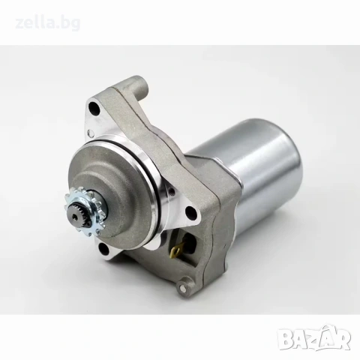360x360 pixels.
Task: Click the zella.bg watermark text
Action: pyautogui.click(x=48, y=23)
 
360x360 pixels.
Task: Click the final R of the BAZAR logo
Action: pyautogui.click(x=342, y=340)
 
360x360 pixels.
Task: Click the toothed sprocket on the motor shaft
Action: pyautogui.click(x=82, y=212)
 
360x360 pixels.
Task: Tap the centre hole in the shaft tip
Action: pyautogui.click(x=75, y=217)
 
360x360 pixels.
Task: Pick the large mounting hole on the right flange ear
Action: pyautogui.click(x=190, y=213)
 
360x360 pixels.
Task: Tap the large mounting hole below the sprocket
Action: pyautogui.click(x=103, y=249)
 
